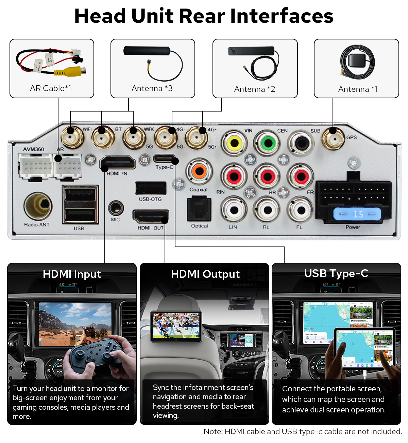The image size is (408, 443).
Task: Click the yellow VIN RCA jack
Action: [x=234, y=143]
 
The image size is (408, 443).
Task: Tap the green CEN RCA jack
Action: [x=268, y=143]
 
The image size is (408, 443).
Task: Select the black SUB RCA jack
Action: [x=301, y=143]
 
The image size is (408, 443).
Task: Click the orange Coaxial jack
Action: [x=199, y=171]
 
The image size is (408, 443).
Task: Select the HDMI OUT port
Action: [x=151, y=217]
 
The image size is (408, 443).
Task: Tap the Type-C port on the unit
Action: [x=164, y=159]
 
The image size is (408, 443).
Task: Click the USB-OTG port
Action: [x=151, y=188]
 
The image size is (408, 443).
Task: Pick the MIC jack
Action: [x=116, y=207]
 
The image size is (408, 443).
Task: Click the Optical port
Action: [x=199, y=209]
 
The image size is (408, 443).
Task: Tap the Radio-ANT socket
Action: [x=38, y=205]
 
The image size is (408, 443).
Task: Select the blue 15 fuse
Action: [x=357, y=214]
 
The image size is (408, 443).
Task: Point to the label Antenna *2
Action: [x=254, y=89]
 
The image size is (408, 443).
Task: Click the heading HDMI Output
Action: [x=205, y=274]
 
